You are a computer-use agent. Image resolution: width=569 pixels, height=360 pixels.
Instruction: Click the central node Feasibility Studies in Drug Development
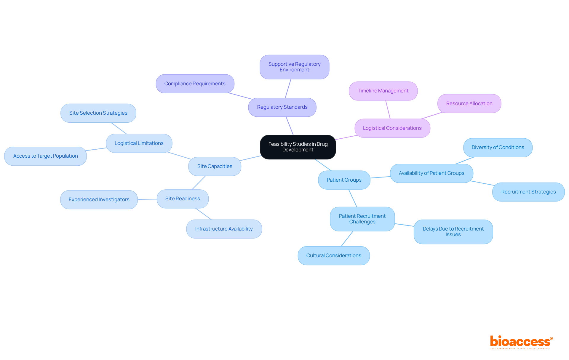point(298,147)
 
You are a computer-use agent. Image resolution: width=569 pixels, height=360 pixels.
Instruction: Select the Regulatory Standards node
point(282,107)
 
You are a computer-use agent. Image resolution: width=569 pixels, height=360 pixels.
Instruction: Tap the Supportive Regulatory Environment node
point(294,67)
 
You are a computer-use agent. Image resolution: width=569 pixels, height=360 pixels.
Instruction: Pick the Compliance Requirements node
point(195,84)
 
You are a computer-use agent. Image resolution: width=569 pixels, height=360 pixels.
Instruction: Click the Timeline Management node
point(383,91)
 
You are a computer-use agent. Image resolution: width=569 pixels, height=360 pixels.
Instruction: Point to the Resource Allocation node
point(469,104)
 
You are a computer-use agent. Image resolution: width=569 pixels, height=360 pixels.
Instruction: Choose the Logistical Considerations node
point(392,128)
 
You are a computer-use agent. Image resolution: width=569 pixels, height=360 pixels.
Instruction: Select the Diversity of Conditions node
point(498,148)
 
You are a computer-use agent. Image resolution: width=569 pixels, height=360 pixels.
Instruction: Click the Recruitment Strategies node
point(528,192)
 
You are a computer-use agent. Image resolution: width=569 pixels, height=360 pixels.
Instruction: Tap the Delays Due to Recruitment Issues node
point(453,232)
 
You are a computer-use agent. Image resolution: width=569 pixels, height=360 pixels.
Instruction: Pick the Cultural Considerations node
point(333,256)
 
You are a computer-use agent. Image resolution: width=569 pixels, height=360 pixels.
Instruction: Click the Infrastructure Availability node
point(224,229)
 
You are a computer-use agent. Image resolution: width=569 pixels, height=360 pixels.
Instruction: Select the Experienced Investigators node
point(99,200)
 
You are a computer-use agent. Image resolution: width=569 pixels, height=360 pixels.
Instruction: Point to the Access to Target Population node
point(45,156)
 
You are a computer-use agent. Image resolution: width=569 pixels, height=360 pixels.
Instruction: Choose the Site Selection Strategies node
point(98,113)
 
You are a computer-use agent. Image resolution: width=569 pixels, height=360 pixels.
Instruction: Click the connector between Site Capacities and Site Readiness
point(199,183)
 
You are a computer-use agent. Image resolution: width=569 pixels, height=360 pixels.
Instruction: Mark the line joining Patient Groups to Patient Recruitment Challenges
point(353,198)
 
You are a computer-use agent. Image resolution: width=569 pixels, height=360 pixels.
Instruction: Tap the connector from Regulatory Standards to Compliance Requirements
point(240,96)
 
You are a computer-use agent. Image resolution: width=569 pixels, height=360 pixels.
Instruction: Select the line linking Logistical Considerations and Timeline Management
point(388,110)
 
